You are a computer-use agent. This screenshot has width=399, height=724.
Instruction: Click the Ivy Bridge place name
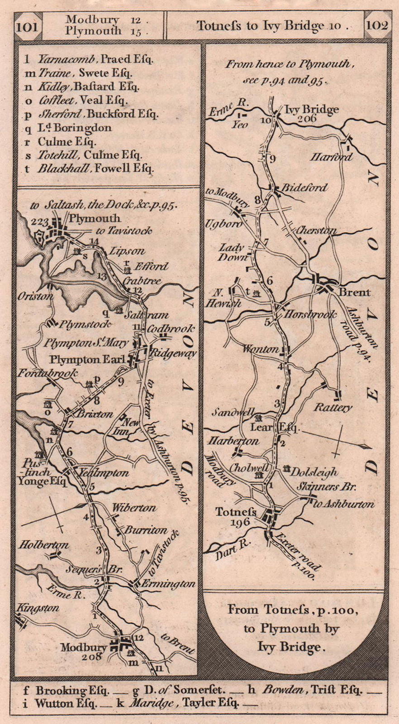(312, 110)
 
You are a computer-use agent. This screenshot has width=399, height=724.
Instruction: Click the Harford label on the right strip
(332, 157)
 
